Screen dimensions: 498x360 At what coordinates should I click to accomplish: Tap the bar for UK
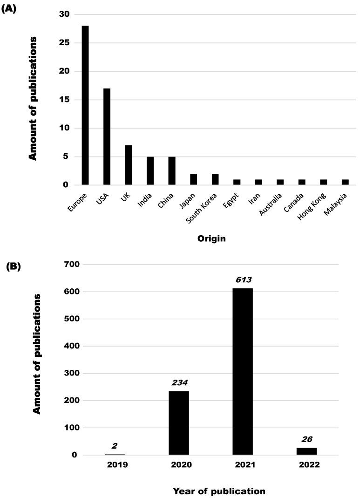point(129,165)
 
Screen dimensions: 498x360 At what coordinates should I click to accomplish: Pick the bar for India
point(150,171)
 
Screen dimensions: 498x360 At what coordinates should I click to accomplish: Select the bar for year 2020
point(179,423)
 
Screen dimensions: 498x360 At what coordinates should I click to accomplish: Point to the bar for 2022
point(306,451)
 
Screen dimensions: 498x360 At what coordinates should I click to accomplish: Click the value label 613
point(243,280)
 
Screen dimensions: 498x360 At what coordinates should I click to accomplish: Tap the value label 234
point(179,383)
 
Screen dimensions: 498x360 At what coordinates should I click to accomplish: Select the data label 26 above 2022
point(306,439)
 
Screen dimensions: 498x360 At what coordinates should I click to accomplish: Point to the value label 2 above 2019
point(115,446)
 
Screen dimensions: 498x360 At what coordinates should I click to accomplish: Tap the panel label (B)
point(13,267)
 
